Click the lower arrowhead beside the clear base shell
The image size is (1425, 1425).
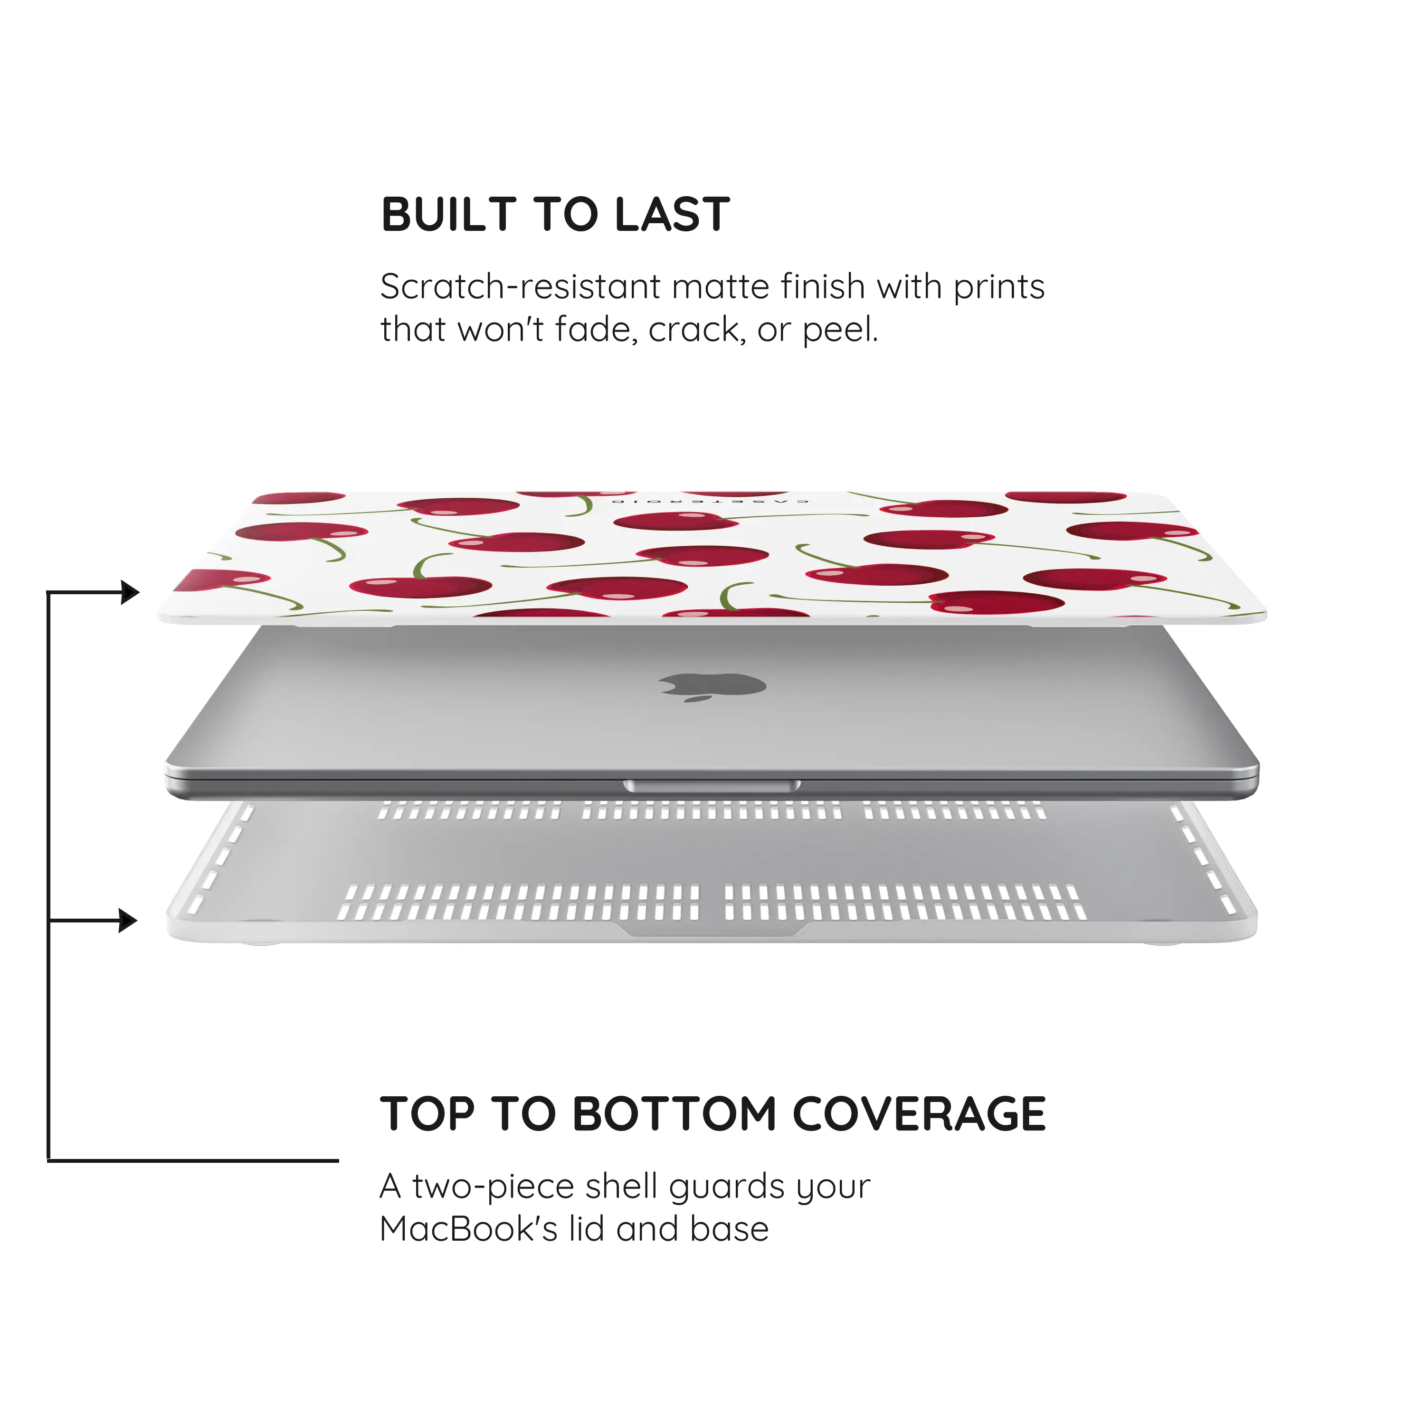[128, 921]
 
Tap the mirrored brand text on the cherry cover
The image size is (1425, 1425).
[710, 501]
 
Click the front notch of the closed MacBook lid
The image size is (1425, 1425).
[712, 786]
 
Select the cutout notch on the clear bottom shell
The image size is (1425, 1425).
[712, 930]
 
